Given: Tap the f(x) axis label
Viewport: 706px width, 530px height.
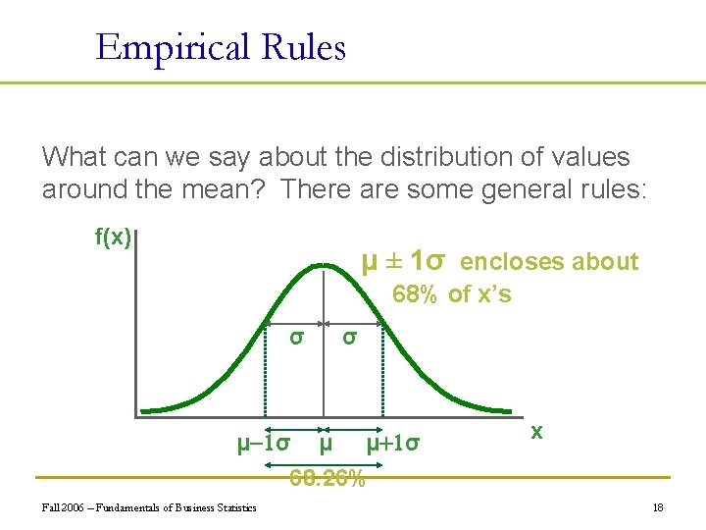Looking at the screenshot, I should [113, 237].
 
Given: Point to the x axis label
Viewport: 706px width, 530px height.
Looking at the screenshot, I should [536, 432].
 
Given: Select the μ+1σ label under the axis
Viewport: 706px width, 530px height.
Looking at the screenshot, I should [393, 444].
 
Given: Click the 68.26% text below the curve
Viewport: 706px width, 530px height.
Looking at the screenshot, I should [327, 479].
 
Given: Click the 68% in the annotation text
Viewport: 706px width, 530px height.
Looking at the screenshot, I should [414, 294].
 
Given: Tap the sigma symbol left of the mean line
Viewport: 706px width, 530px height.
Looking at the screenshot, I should [295, 337].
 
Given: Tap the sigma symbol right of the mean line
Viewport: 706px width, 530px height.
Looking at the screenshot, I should [347, 337].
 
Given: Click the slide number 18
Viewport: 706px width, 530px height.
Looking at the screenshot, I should [658, 507].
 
